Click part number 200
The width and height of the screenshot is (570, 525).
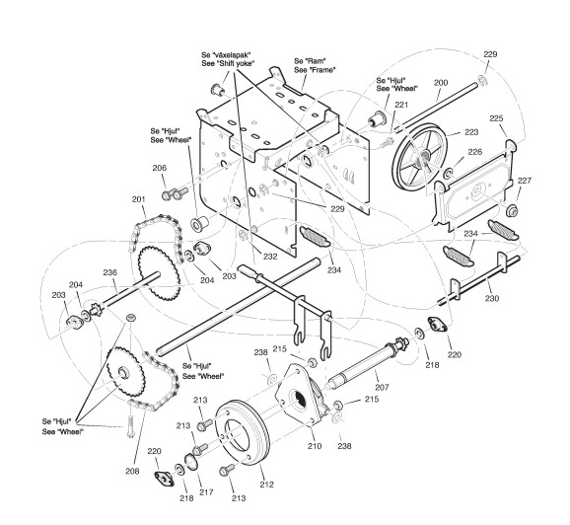[x=441, y=83]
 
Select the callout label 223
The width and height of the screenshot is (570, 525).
[x=471, y=132]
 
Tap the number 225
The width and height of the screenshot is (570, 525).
[x=496, y=118]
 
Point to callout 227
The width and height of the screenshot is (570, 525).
[x=525, y=181]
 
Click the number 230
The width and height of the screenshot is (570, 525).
[x=492, y=298]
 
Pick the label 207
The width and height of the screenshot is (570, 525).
[x=382, y=388]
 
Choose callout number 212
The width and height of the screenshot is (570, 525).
[x=266, y=485]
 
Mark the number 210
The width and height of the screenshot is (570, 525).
[x=315, y=446]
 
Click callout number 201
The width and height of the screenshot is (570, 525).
[x=138, y=199]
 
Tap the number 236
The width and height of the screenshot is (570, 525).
[x=110, y=272]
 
